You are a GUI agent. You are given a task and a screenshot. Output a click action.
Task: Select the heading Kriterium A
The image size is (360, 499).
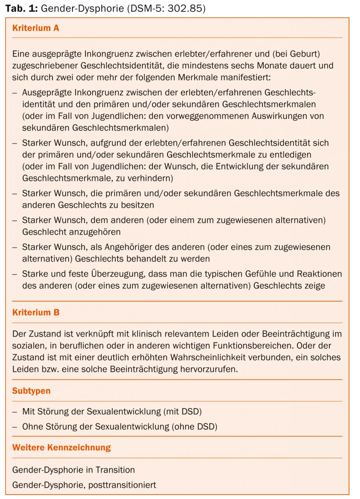click(x=35, y=28)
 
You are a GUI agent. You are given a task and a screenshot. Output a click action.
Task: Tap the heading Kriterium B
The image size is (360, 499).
click(x=36, y=312)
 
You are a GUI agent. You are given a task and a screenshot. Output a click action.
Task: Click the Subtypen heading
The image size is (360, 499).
click(x=31, y=391)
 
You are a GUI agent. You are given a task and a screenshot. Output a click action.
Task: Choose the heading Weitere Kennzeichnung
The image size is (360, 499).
click(x=62, y=447)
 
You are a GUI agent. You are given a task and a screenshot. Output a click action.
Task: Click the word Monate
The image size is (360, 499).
click(x=271, y=65)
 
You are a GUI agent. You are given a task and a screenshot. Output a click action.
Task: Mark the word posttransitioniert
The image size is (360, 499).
click(x=122, y=485)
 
